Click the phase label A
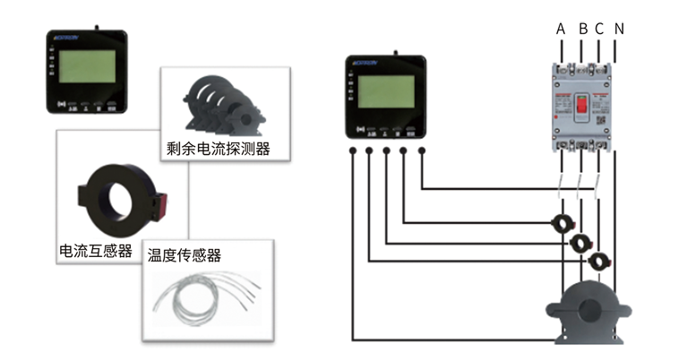point(561,29)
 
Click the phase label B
point(583,29)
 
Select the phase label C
point(599,29)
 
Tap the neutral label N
point(619,29)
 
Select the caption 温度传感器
point(185,255)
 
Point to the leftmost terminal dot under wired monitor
point(353,151)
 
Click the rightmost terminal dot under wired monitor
point(421,151)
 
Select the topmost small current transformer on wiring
point(563,221)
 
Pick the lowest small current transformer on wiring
point(598,262)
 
